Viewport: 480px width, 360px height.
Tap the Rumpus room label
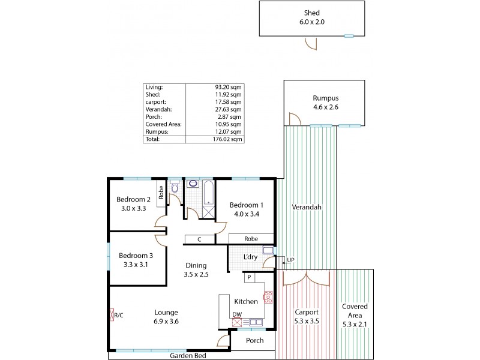pos(325,103)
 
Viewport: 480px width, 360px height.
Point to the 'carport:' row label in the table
pos(155,102)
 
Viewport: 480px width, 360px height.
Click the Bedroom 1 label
pos(247,209)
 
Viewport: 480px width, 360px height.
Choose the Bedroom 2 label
pos(133,204)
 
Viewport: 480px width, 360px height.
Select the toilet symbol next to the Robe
pos(175,188)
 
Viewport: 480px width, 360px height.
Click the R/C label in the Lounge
pos(118,314)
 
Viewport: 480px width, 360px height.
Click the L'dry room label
pos(250,257)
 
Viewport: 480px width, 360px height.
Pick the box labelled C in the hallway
pos(199,239)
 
